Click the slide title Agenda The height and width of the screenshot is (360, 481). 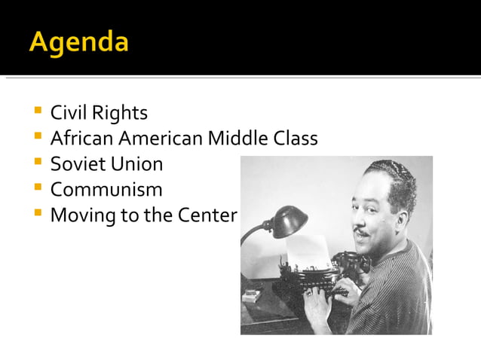pos(78,41)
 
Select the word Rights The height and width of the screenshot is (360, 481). pos(120,114)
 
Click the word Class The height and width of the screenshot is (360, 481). pos(295,139)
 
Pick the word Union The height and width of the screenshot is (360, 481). pos(137,164)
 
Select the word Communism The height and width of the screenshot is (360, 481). pos(106,190)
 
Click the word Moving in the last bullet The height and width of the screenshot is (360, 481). pos(81,215)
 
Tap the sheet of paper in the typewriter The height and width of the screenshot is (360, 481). pos(310,249)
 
